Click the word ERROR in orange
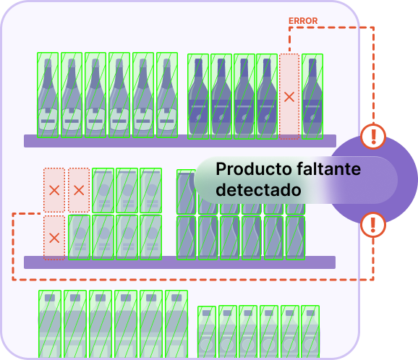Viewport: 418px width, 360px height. (x=303, y=21)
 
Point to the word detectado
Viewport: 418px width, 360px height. (x=258, y=190)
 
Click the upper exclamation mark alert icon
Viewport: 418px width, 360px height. (x=373, y=137)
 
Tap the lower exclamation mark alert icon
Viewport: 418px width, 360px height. (x=373, y=225)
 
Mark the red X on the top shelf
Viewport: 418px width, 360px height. (x=289, y=97)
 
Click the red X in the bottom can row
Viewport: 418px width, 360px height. (x=54, y=238)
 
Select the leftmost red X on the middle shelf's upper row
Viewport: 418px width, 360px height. (x=54, y=190)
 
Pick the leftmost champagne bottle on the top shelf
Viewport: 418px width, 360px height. (x=48, y=95)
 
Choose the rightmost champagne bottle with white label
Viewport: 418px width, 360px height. (x=167, y=95)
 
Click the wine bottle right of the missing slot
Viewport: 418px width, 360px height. (x=312, y=96)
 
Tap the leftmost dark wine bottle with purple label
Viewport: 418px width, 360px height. (x=198, y=96)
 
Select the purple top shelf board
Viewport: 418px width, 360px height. (x=180, y=141)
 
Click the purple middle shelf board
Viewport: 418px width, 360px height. (x=179, y=262)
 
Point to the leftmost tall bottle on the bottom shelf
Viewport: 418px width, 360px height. (x=50, y=324)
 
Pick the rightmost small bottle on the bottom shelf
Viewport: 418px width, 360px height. (x=310, y=332)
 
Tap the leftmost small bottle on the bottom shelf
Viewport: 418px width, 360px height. (x=207, y=332)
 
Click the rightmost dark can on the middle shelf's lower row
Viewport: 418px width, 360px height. (x=295, y=238)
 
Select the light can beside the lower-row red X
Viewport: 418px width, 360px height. (x=79, y=237)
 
